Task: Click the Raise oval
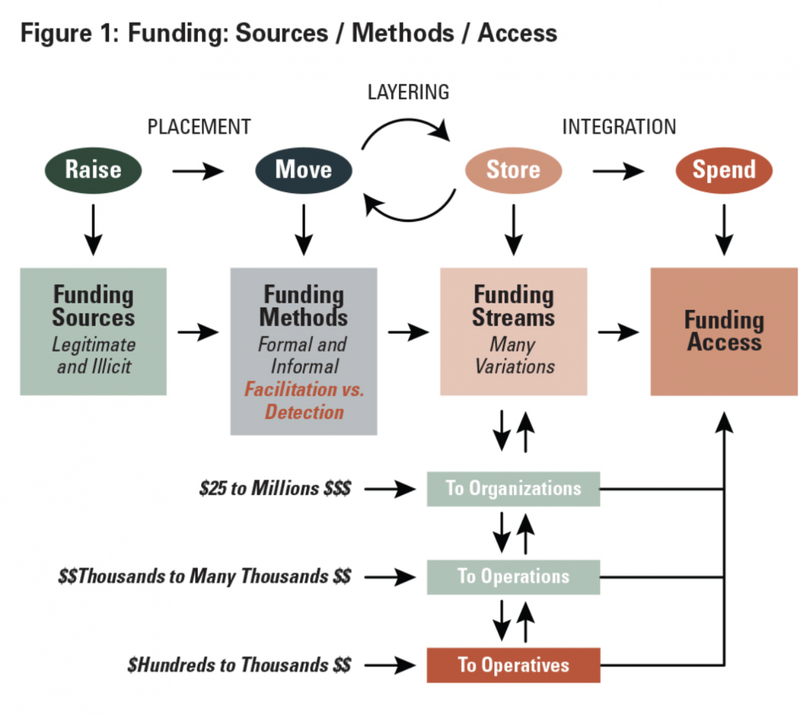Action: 93,170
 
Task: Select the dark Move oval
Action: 303,170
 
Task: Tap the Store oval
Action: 513,170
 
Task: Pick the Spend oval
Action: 724,170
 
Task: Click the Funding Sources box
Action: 93,332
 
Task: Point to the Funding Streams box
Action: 513,332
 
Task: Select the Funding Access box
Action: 724,332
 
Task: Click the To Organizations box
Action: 513,488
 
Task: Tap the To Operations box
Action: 513,576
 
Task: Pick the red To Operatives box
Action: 513,665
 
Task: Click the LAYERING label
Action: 408,92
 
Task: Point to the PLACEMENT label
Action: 199,127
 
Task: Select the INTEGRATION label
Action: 619,127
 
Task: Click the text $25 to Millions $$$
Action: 275,488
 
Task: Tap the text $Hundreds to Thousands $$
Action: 239,665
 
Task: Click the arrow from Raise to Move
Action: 198,172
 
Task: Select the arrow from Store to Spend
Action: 618,172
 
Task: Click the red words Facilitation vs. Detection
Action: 304,401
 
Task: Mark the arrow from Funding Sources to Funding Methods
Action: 198,332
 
